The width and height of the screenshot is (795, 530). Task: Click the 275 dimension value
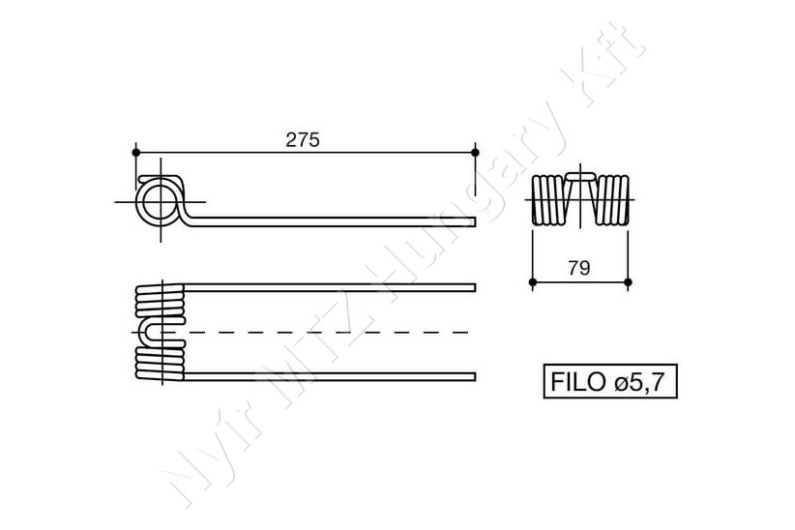point(303,139)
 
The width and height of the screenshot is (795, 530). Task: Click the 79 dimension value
point(579,268)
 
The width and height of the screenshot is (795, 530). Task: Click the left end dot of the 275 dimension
point(135,152)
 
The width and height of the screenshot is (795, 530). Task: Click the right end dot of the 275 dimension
point(475,152)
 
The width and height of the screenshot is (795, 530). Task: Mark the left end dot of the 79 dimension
point(532,282)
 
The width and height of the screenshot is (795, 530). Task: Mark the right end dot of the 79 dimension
point(629,282)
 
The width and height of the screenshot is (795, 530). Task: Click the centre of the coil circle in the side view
point(161,202)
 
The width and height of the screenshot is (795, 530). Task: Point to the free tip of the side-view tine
point(475,221)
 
